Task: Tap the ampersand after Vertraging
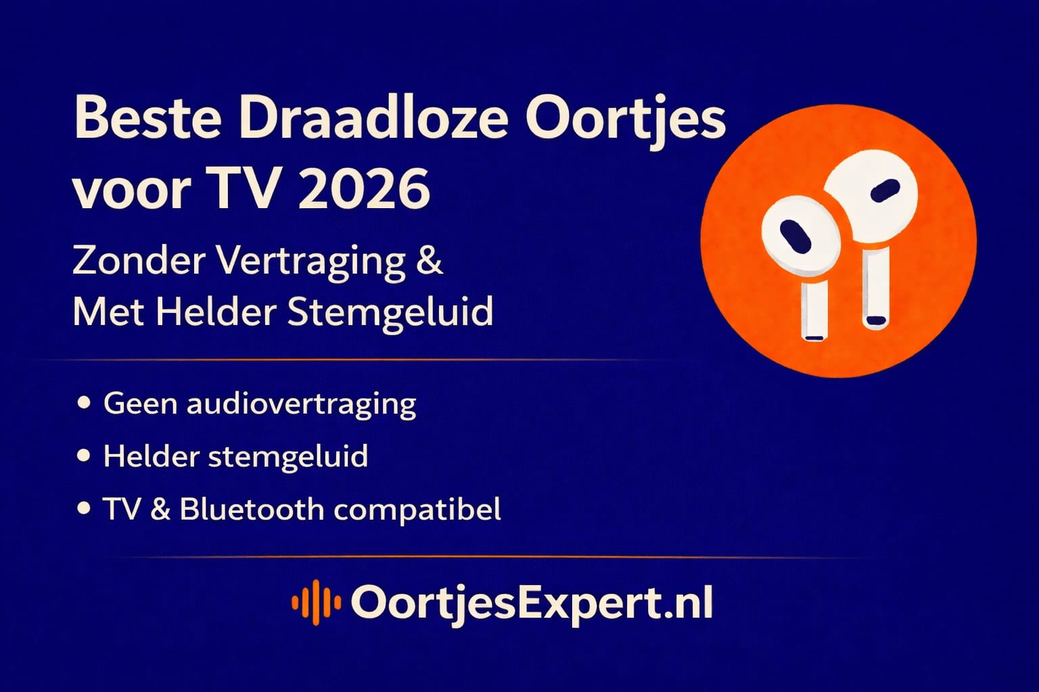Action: tap(430, 260)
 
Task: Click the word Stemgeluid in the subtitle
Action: tap(390, 312)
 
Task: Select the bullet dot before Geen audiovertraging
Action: tap(85, 403)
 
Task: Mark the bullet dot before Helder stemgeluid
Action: tap(85, 456)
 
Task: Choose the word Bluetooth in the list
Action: tap(252, 509)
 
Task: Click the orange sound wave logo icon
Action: tap(315, 602)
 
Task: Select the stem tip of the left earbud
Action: tap(813, 335)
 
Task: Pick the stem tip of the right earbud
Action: tap(875, 321)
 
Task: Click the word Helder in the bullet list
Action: tap(151, 456)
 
